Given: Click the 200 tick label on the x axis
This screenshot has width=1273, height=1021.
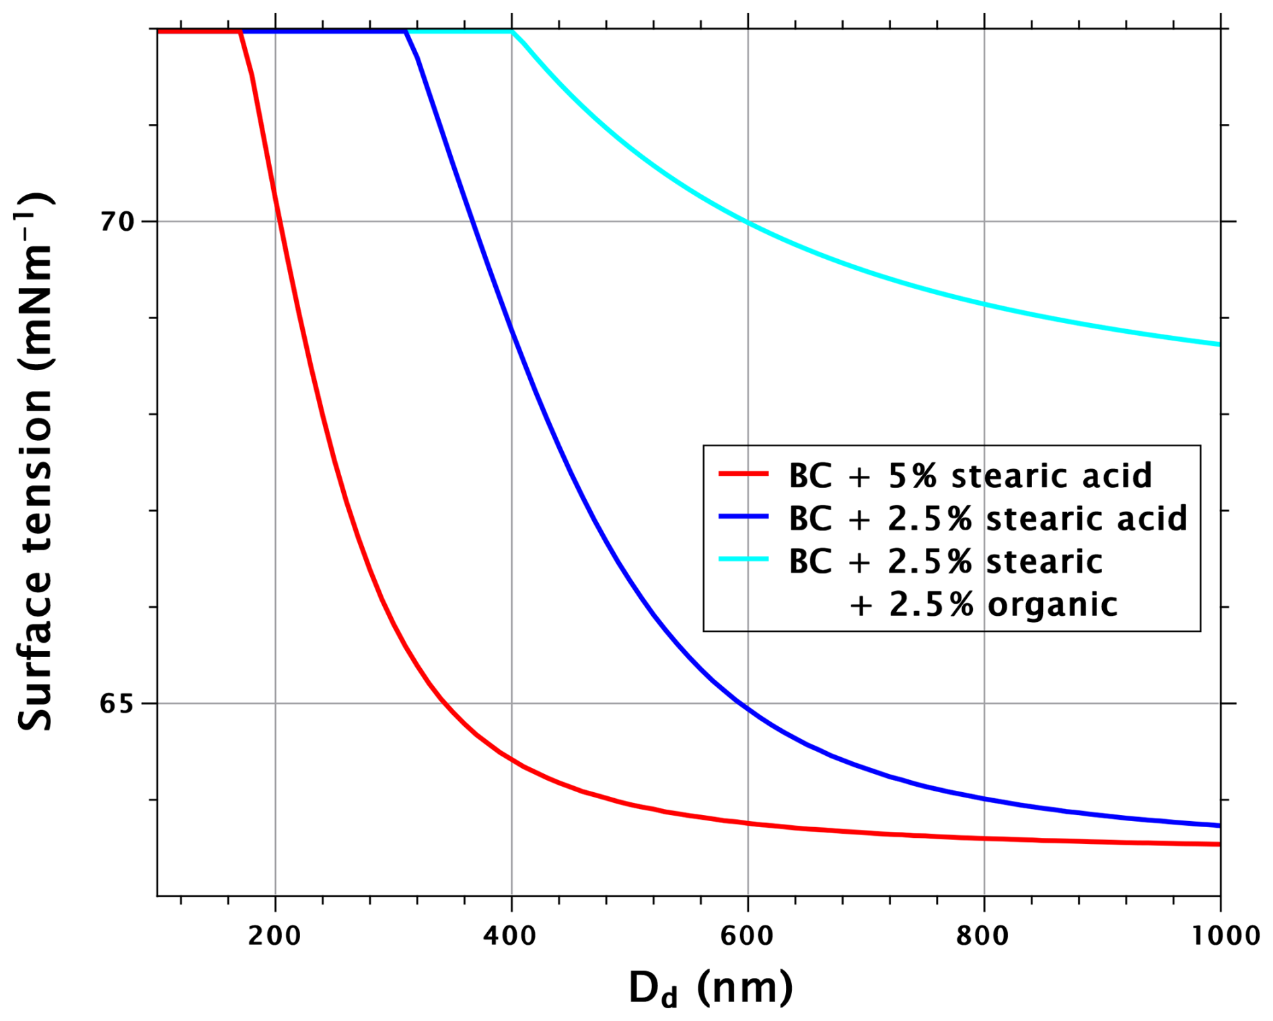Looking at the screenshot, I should click(x=274, y=936).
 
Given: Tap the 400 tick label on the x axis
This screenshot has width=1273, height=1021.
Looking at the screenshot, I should click(x=511, y=936).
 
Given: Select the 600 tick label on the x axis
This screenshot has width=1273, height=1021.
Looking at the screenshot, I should click(x=747, y=936).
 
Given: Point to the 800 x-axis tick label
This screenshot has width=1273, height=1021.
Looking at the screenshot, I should click(x=983, y=936).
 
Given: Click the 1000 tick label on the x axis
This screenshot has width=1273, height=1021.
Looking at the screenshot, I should click(x=1219, y=936).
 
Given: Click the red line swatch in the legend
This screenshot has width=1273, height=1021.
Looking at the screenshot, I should click(x=743, y=474).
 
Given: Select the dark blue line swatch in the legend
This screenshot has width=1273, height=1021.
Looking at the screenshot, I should click(x=743, y=517).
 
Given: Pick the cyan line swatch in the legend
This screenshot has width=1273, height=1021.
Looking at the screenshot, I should click(x=743, y=559).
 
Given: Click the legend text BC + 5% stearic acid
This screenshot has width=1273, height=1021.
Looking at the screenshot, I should click(x=970, y=475).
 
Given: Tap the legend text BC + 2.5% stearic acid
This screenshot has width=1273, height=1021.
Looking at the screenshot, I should click(x=988, y=518).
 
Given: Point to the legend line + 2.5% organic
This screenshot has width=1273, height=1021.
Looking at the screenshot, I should click(x=982, y=604).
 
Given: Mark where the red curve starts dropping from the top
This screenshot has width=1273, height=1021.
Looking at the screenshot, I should click(x=240, y=32).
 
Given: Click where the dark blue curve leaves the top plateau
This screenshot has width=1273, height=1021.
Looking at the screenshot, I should click(x=406, y=32).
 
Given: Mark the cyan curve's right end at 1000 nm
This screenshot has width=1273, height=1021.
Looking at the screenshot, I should click(x=1219, y=344).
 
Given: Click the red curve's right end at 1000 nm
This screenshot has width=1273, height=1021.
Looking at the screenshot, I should click(x=1219, y=844).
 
